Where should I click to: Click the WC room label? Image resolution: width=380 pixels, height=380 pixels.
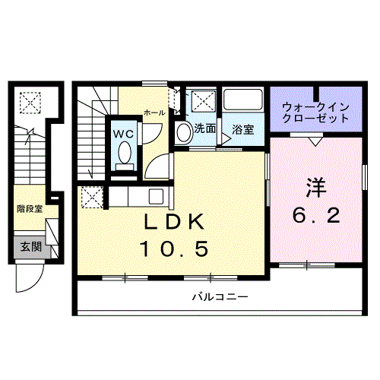[123, 134]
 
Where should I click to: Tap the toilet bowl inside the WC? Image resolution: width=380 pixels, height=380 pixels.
[125, 152]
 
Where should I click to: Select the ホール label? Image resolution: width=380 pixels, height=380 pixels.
[154, 112]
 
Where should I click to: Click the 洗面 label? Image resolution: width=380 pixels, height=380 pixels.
[205, 128]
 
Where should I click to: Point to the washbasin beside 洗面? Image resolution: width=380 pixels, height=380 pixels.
[184, 131]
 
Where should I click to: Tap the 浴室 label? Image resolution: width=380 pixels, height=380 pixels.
[243, 130]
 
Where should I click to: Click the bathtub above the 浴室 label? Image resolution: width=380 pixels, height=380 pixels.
[243, 100]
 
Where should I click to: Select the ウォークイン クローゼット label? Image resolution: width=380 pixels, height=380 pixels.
[315, 112]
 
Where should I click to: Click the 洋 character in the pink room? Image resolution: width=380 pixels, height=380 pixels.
[316, 188]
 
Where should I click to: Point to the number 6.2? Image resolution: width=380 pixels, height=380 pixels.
[316, 216]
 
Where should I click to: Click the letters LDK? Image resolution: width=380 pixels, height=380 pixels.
[174, 222]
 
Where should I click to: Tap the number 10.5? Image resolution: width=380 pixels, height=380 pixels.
[174, 249]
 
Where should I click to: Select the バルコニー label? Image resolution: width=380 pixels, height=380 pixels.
[220, 296]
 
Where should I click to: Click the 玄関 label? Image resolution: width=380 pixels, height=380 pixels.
[31, 246]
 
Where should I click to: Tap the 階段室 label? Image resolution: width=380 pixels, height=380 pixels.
[30, 209]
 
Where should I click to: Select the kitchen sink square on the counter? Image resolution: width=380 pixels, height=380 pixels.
[156, 197]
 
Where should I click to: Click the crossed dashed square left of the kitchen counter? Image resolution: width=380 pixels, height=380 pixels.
[92, 198]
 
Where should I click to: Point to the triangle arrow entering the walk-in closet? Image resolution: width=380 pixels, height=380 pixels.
[315, 141]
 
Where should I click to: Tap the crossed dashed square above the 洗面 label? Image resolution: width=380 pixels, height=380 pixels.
[204, 101]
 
